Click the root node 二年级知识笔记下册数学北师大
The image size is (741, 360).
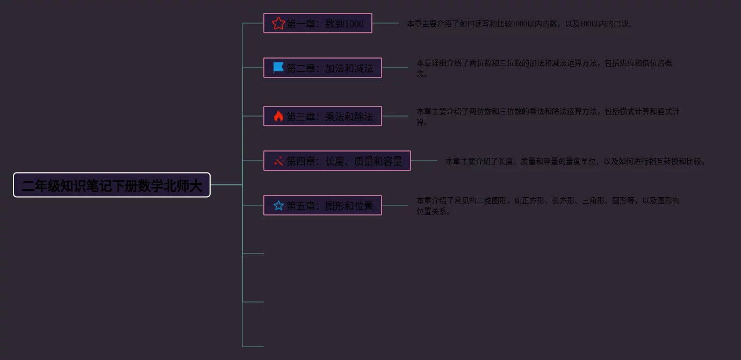click(112, 185)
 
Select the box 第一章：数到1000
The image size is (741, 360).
click(318, 23)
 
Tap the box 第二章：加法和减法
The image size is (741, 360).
click(322, 68)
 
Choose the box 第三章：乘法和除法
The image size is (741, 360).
click(322, 116)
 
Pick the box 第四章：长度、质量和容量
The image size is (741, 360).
click(337, 161)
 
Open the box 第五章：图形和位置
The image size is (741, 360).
click(322, 205)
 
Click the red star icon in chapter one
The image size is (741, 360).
click(278, 23)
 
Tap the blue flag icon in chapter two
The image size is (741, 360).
click(278, 68)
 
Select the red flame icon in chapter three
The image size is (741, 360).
click(278, 116)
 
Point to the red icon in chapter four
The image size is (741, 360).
click(278, 161)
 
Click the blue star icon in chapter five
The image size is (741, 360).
click(278, 205)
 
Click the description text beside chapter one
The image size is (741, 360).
click(520, 24)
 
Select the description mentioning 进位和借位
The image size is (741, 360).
click(544, 68)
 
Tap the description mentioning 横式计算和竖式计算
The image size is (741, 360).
click(548, 117)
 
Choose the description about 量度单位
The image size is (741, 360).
click(575, 161)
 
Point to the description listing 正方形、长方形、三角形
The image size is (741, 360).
click(548, 206)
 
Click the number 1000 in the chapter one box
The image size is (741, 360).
click(354, 24)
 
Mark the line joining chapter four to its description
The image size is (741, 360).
click(424, 161)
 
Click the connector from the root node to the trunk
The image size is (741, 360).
click(226, 185)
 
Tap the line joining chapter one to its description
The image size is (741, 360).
click(385, 23)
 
